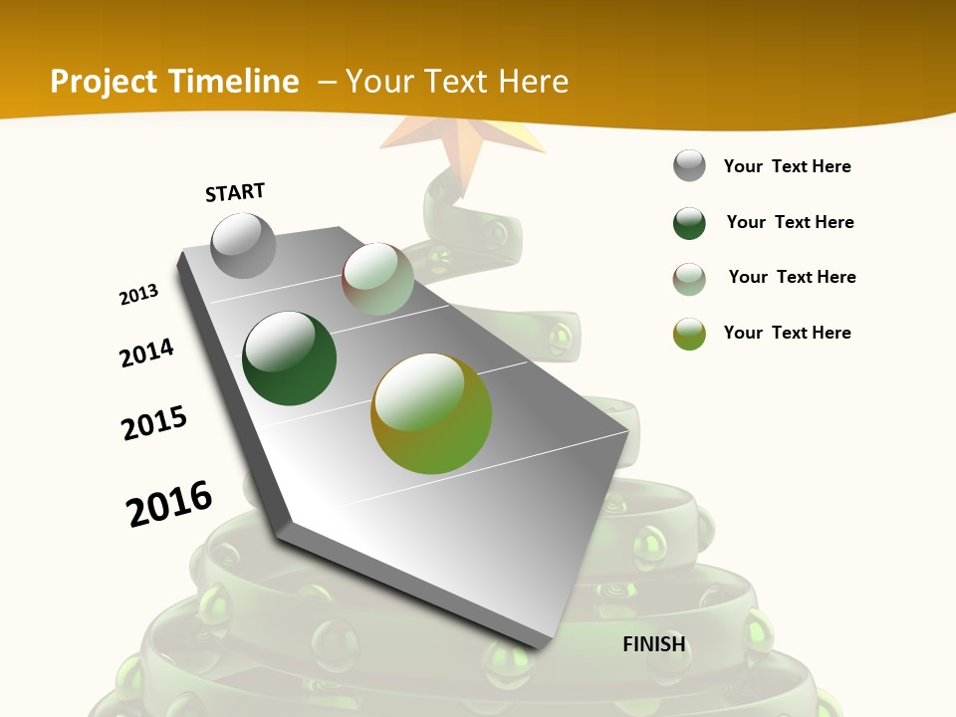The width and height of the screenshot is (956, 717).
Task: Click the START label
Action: [x=235, y=192]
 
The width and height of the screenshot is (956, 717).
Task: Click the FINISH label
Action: [x=654, y=644]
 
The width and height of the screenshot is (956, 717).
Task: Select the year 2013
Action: [x=139, y=295]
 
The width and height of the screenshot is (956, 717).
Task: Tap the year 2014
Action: [x=146, y=353]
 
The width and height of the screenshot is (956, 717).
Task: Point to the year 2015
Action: [x=154, y=423]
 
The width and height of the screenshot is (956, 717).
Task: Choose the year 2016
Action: [x=169, y=503]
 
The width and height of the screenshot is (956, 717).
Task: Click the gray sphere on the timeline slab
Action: [x=244, y=246]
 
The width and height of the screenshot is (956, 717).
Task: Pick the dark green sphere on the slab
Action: [x=290, y=358]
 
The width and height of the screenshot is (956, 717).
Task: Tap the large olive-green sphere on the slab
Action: [x=431, y=413]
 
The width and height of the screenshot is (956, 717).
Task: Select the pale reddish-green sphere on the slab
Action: [x=378, y=279]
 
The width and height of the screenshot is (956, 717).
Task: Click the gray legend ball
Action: [x=689, y=166]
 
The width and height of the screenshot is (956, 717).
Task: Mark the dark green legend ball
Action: [x=689, y=223]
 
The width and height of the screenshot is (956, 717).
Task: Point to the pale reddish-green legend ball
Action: [x=689, y=279]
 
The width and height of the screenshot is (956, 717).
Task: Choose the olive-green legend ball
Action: [x=689, y=334]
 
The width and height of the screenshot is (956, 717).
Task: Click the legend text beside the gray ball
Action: [x=787, y=166]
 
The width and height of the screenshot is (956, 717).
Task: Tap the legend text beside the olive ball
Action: [x=787, y=333]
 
